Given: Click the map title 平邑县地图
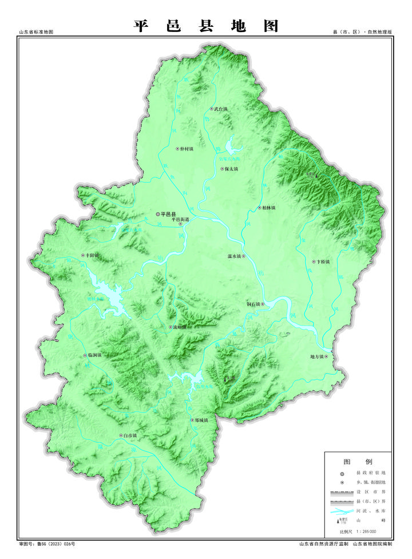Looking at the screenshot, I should tap(206, 26).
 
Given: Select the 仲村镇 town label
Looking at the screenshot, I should tap(187, 149).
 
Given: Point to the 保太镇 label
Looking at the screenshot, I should tap(232, 169).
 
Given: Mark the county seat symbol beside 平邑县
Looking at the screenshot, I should tap(159, 214).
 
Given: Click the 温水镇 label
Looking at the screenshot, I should tap(235, 256).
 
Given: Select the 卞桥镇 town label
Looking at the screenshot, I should tap(324, 262).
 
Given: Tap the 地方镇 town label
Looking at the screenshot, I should tap(317, 357).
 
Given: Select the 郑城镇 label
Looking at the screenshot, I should tap(201, 421).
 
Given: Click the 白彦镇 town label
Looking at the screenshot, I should tap(131, 436).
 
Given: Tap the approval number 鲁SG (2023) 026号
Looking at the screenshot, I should tap(51, 544).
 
